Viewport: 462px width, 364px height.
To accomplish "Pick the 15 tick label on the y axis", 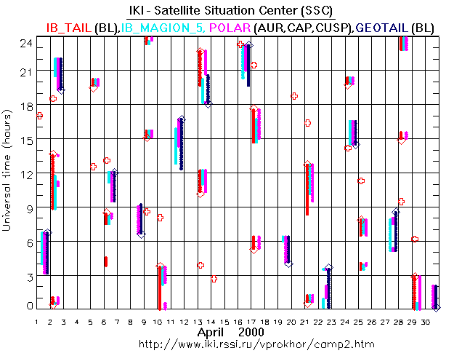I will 25,140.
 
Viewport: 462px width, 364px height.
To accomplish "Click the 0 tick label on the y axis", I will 28,306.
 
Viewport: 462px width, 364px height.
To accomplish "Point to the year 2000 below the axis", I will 251,332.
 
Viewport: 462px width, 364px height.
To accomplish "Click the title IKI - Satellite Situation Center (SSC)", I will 231,8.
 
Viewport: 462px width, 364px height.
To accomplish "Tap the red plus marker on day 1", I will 40,115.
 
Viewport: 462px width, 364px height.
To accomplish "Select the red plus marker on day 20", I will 294,96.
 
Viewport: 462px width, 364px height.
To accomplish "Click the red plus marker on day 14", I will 214,279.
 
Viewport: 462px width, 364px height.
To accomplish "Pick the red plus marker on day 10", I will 161,217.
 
